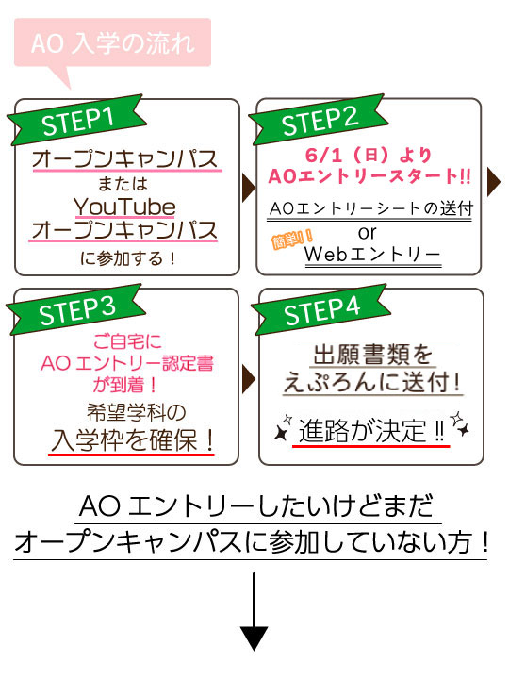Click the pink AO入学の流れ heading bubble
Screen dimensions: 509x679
[112, 43]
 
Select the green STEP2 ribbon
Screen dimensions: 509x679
[319, 120]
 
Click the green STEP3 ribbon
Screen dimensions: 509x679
[76, 309]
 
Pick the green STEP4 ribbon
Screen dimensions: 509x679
[320, 309]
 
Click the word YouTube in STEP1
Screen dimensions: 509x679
[124, 207]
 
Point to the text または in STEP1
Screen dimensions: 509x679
[123, 184]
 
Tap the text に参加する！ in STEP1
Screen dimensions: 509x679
[127, 258]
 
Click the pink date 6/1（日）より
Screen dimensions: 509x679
[369, 155]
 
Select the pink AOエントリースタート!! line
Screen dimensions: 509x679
[369, 176]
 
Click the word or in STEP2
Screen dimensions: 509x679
[368, 233]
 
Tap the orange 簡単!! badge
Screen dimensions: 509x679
[292, 239]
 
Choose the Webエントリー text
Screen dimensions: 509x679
[372, 255]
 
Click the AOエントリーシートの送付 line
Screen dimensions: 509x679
[371, 208]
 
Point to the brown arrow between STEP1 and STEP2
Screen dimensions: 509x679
[249, 188]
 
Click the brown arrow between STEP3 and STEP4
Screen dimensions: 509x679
[249, 379]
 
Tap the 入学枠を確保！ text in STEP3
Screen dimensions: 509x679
[132, 440]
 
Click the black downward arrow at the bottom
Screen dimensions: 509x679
[254, 611]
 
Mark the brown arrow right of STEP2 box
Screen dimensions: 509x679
[493, 182]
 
